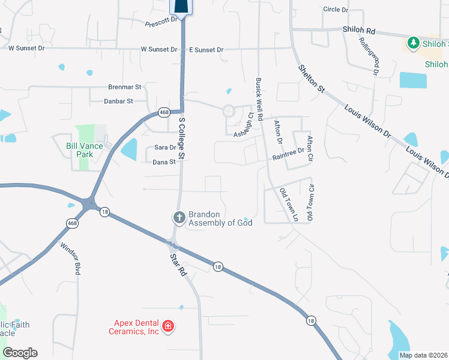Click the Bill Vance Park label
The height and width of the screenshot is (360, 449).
click(x=80, y=150)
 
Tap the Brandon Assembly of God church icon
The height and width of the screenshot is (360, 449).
click(x=179, y=217)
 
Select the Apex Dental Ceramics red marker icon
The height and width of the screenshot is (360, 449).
click(x=169, y=326)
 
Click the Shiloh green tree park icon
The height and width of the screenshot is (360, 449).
click(x=413, y=43)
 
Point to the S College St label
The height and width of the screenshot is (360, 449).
click(x=182, y=137)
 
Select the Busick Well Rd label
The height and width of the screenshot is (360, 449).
click(x=259, y=100)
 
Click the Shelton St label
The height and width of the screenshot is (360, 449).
click(x=311, y=78)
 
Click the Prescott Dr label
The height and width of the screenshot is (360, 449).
click(x=163, y=22)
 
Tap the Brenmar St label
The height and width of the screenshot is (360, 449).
click(x=124, y=87)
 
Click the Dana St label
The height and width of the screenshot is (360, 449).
click(x=164, y=162)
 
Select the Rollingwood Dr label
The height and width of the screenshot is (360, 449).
click(x=369, y=56)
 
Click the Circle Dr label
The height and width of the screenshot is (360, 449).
click(x=336, y=10)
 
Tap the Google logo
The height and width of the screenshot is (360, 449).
click(x=20, y=353)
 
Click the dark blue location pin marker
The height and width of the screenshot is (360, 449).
click(x=182, y=7)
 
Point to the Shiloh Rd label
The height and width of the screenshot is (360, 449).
click(x=359, y=30)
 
